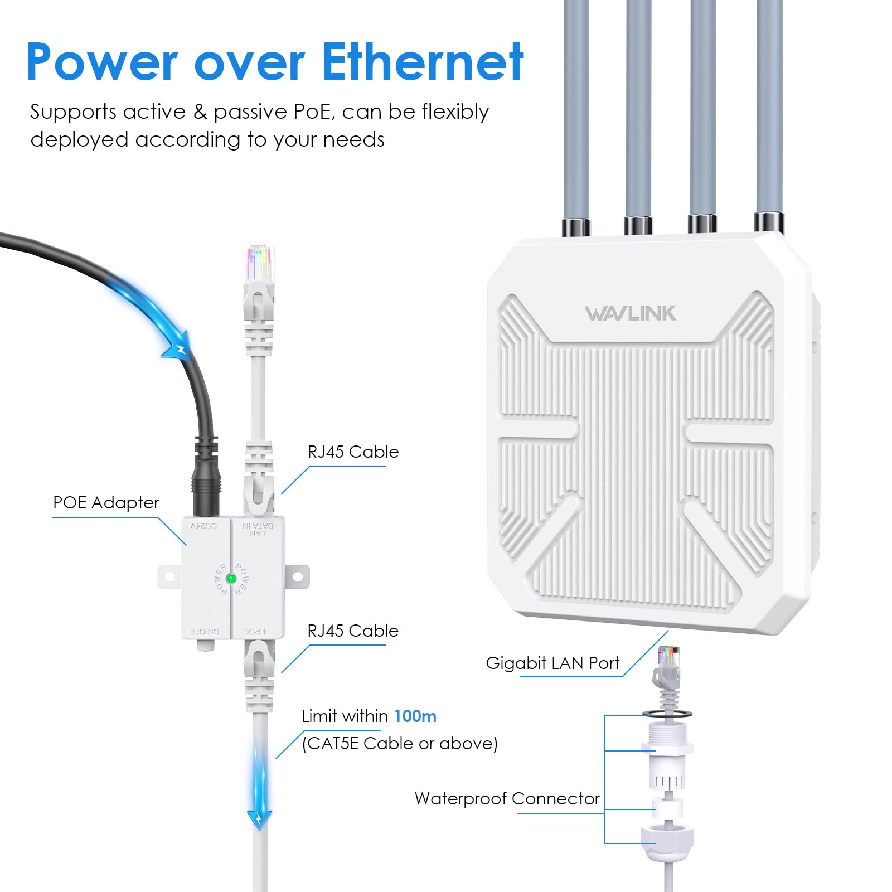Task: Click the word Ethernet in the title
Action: tap(423, 62)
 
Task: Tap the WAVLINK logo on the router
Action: tap(630, 313)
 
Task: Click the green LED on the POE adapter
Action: tap(231, 579)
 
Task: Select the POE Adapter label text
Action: tap(106, 503)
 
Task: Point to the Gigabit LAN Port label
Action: tap(552, 663)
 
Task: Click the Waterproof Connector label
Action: tap(507, 798)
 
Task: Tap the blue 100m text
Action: tap(415, 716)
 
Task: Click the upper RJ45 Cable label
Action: tap(353, 452)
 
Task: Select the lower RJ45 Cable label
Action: tap(353, 631)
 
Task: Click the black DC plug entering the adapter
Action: tap(206, 491)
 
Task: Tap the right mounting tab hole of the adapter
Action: tap(298, 577)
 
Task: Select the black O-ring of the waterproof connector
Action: tap(667, 714)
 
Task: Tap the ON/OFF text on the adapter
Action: tap(205, 632)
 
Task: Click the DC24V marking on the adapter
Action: tap(204, 526)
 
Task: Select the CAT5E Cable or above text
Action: tap(399, 744)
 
